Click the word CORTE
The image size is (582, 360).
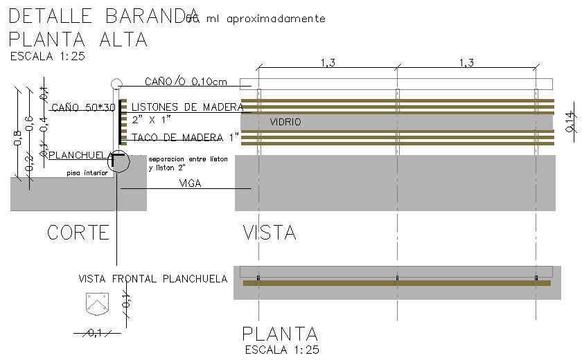coord(78,233)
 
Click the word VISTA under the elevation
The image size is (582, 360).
coord(270,233)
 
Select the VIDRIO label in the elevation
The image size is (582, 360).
coord(285,122)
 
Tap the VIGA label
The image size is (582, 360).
coord(191,183)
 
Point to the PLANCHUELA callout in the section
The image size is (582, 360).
coord(75,155)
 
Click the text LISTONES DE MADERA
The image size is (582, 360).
coord(187,107)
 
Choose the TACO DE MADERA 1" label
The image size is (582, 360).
coord(185,138)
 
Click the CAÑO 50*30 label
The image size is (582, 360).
coord(82,107)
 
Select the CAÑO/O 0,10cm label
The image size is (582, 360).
coord(186,82)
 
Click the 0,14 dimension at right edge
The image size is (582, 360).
coord(570,121)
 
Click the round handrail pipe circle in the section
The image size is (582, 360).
coord(116,84)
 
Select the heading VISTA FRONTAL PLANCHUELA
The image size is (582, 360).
coord(152,279)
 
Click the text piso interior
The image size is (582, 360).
coord(87,173)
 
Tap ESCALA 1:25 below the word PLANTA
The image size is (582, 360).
coord(282,350)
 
